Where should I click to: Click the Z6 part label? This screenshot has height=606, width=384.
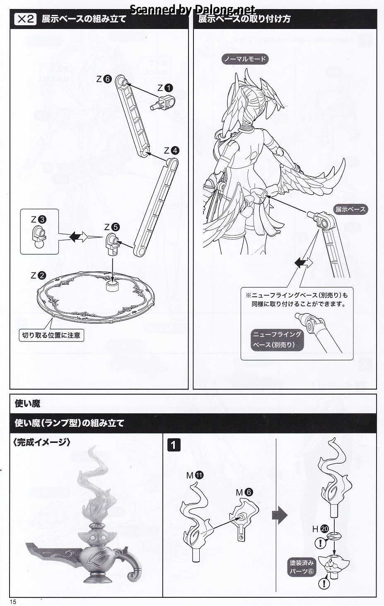[104, 79]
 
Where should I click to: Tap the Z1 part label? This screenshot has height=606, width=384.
[165, 88]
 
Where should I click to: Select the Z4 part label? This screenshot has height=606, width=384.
[171, 150]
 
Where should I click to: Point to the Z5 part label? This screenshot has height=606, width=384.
[112, 227]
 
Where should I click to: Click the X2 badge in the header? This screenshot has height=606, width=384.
[25, 19]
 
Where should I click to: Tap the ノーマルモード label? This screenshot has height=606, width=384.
[245, 59]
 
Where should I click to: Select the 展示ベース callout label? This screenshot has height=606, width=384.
[350, 209]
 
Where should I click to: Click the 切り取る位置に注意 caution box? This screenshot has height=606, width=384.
[51, 335]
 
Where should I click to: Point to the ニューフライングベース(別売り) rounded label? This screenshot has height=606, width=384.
[277, 339]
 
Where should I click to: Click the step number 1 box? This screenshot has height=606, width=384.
[174, 445]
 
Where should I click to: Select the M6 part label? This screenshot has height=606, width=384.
[244, 492]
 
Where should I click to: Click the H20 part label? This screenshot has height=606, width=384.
[320, 529]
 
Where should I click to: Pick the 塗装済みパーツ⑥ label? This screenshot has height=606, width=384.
[302, 567]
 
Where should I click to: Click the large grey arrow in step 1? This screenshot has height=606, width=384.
[280, 515]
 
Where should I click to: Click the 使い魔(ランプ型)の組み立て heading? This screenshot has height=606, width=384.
[70, 423]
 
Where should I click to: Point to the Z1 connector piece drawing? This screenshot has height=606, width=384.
[164, 102]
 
